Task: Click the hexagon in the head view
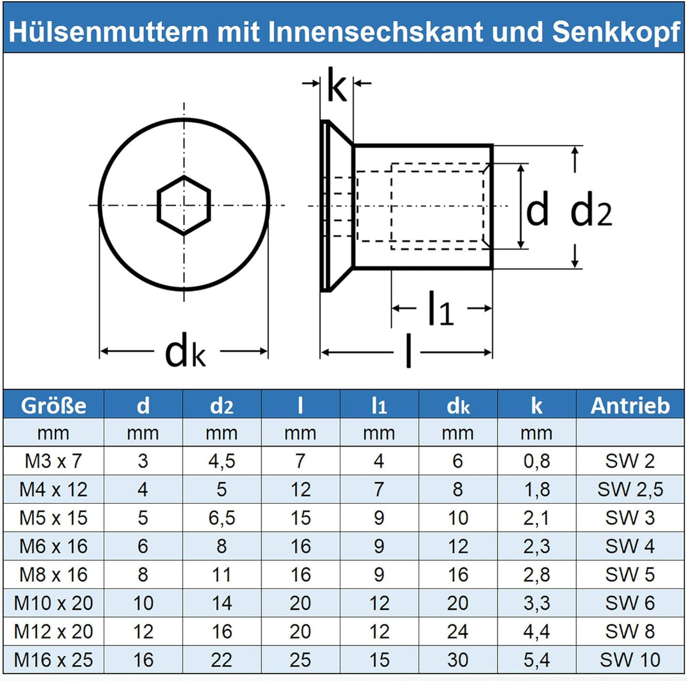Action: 184,205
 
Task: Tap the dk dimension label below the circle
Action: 184,353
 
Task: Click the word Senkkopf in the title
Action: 616,32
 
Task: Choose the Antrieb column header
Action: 630,405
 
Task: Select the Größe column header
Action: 53,405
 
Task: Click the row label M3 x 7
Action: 53,461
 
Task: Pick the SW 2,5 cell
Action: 630,489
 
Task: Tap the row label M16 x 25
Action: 53,659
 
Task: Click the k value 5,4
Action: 536,659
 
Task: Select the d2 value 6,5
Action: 221,518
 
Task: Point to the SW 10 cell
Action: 630,659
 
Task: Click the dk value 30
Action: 457,659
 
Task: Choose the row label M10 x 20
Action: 53,603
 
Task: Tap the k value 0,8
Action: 536,461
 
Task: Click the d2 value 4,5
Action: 221,461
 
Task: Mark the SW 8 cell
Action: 630,631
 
